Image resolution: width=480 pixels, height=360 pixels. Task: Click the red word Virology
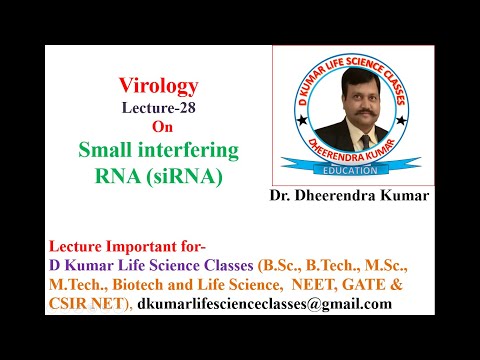click(160, 87)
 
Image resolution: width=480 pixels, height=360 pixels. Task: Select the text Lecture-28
click(160, 108)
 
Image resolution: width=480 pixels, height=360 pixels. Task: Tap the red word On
click(160, 127)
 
